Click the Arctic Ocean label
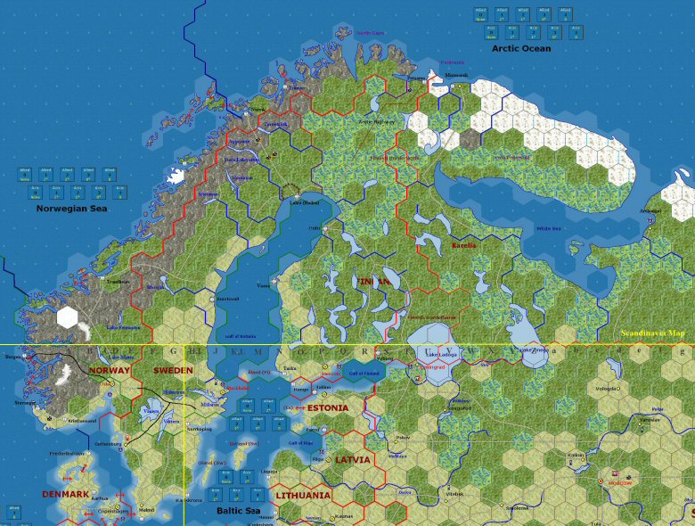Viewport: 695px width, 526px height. [521, 48]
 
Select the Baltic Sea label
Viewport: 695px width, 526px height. [238, 511]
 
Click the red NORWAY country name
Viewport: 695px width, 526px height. [110, 370]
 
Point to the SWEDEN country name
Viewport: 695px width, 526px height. [173, 370]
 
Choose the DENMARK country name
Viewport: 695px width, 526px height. [65, 494]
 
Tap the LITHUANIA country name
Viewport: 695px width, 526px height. [303, 495]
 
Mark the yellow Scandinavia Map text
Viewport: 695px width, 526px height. [658, 333]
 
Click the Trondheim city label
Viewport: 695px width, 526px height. [118, 282]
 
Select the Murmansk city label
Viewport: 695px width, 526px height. [456, 75]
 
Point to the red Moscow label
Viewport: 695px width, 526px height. [621, 482]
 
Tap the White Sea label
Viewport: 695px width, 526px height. [548, 228]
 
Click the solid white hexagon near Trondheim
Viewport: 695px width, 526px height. [68, 316]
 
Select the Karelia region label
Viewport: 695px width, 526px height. [463, 244]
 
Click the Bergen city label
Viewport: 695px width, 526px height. [12, 357]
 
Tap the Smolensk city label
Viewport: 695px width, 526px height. [517, 507]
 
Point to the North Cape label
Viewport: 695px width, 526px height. [370, 33]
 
